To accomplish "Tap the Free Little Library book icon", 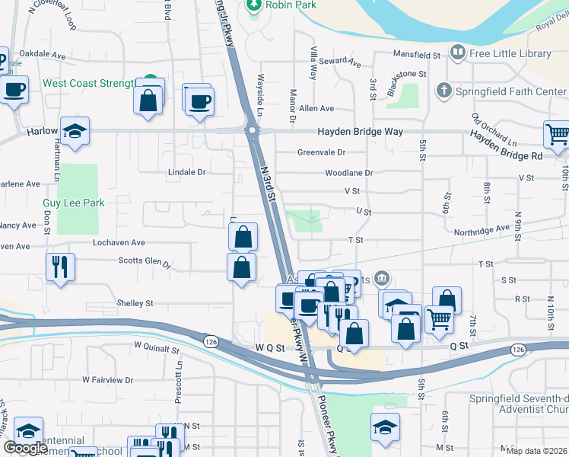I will click(458, 53).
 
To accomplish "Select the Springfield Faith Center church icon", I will click(444, 91).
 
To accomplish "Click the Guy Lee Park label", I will click(74, 203).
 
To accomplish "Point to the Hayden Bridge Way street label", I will click(361, 131).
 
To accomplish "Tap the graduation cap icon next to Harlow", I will click(75, 133).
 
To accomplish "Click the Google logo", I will click(25, 448).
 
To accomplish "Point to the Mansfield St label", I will click(416, 55).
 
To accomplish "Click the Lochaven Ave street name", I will click(118, 243).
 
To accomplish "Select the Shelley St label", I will click(135, 303).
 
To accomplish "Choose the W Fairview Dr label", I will click(107, 379).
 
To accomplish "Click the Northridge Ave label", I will click(482, 228).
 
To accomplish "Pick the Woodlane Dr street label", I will click(348, 173).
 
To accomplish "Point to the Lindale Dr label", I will click(186, 172).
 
